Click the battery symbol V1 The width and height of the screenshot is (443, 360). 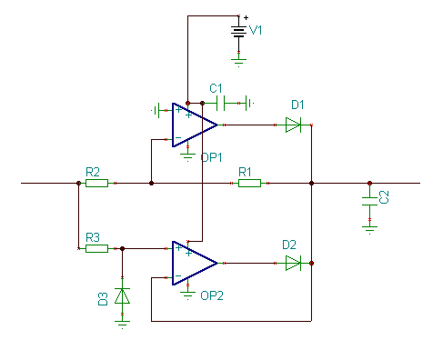click(238, 32)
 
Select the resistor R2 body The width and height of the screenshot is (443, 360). click(96, 183)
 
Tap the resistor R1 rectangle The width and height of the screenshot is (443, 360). click(249, 183)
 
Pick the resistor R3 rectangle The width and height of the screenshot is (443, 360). click(96, 248)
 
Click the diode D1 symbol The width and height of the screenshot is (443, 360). click(293, 125)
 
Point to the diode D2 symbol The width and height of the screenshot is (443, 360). click(293, 263)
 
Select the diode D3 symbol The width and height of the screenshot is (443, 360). click(122, 295)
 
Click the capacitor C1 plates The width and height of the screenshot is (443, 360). click(220, 103)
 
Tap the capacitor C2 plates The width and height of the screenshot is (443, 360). click(369, 201)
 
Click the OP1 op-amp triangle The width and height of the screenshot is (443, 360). click(195, 125)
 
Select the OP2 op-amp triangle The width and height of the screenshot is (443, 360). click(195, 263)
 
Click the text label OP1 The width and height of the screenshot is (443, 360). click(211, 157)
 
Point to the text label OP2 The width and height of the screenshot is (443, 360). click(212, 295)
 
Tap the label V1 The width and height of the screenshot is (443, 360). click(256, 30)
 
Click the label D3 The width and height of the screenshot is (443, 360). click(103, 299)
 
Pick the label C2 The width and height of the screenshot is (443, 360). click(384, 197)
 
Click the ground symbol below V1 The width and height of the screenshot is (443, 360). click(238, 63)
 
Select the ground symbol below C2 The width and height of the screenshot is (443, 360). click(369, 230)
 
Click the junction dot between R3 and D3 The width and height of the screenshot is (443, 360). click(122, 248)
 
